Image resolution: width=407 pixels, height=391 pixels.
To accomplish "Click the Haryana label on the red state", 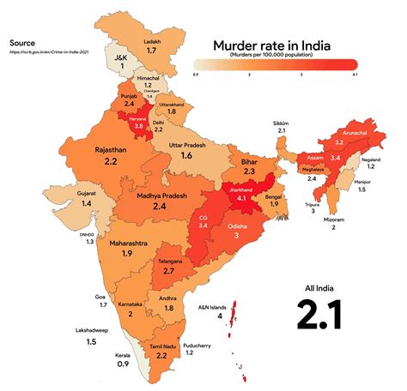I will click(x=137, y=117).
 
